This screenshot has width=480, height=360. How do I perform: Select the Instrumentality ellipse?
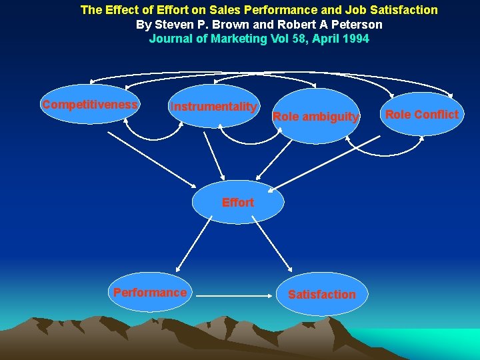[213, 106]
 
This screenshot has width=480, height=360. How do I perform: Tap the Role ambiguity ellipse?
[316, 117]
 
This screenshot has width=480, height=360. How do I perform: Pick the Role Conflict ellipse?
[421, 114]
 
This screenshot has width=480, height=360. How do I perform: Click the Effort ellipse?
[238, 202]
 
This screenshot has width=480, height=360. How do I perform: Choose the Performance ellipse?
[149, 292]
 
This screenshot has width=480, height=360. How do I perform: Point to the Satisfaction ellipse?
[321, 294]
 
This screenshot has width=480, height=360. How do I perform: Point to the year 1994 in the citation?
[356, 39]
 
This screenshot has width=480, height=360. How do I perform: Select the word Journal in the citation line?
[169, 39]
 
